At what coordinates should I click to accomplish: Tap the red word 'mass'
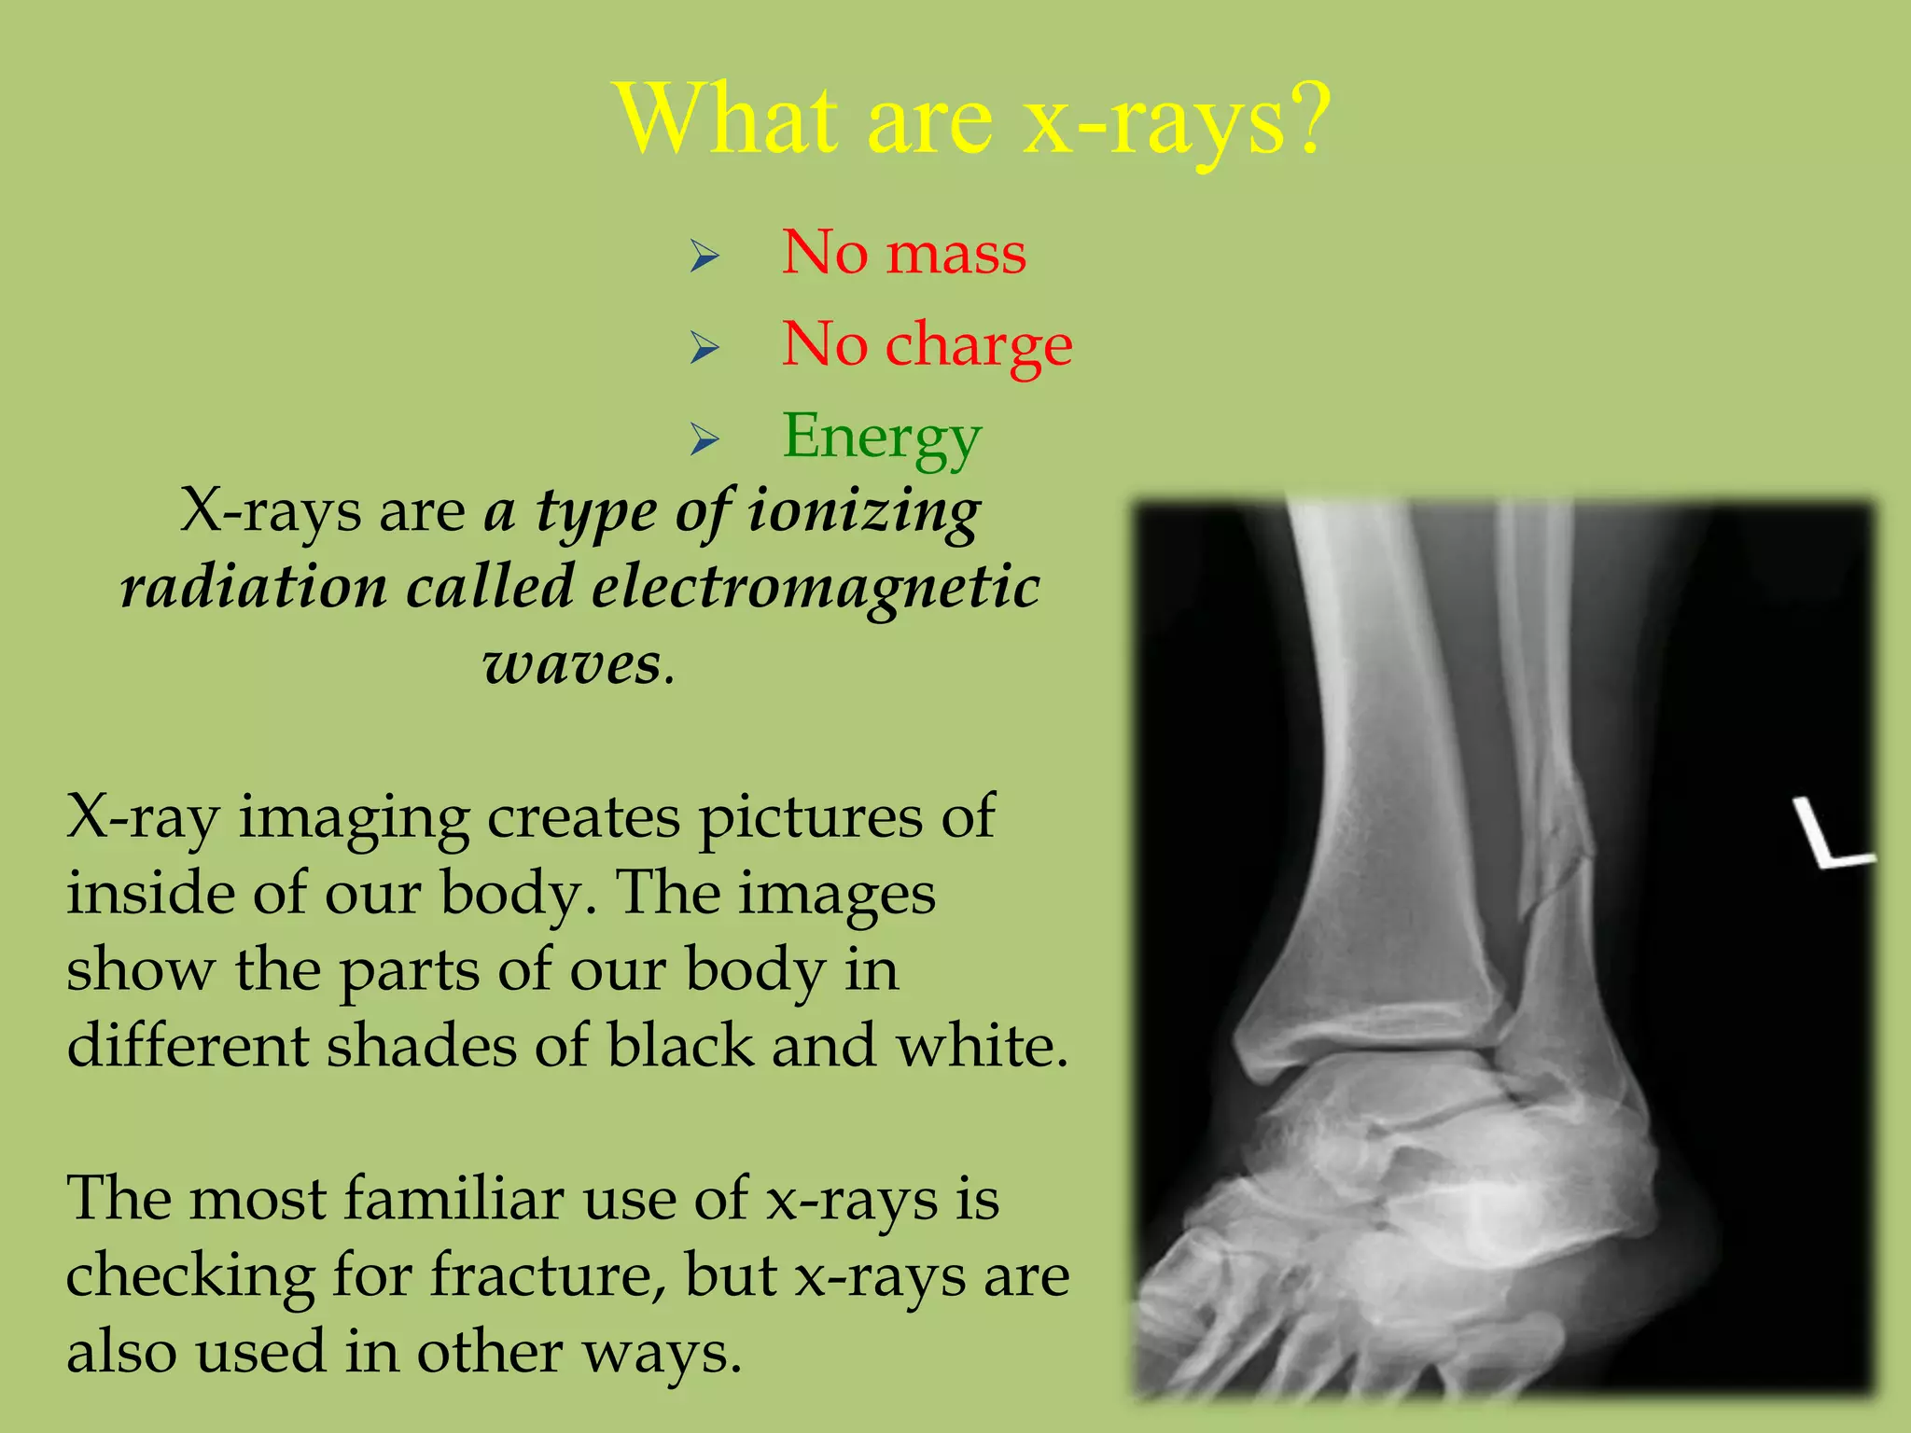click(956, 254)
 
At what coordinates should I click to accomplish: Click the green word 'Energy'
click(882, 437)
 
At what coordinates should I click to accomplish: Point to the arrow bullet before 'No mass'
click(704, 256)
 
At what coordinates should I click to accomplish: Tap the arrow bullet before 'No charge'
click(704, 347)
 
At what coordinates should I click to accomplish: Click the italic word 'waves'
click(571, 664)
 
